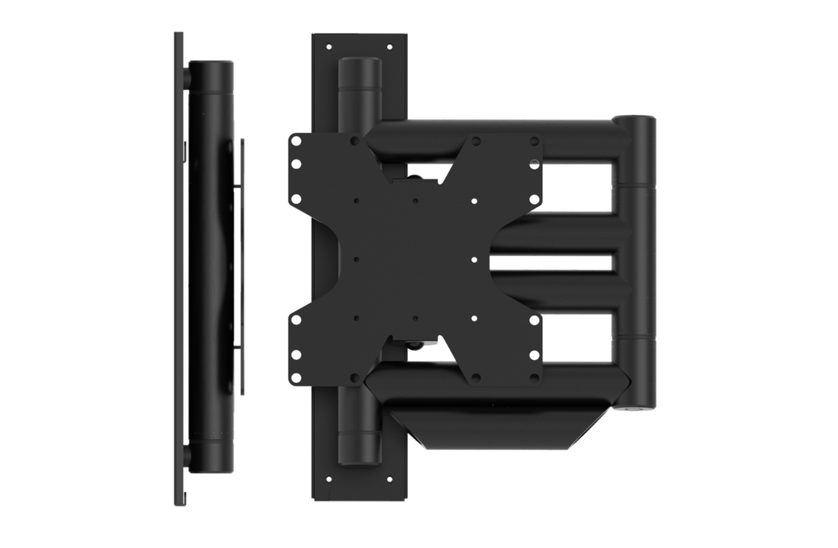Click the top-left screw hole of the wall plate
pyautogui.click(x=329, y=47)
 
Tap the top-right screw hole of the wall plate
pyautogui.click(x=389, y=47)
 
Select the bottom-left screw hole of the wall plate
pyautogui.click(x=329, y=479)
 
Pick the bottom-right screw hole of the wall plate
pyautogui.click(x=389, y=479)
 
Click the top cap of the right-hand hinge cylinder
pyautogui.click(x=635, y=122)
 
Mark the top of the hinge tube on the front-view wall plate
pyautogui.click(x=359, y=64)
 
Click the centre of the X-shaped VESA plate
pyautogui.click(x=415, y=259)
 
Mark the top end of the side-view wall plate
pyautogui.click(x=178, y=37)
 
